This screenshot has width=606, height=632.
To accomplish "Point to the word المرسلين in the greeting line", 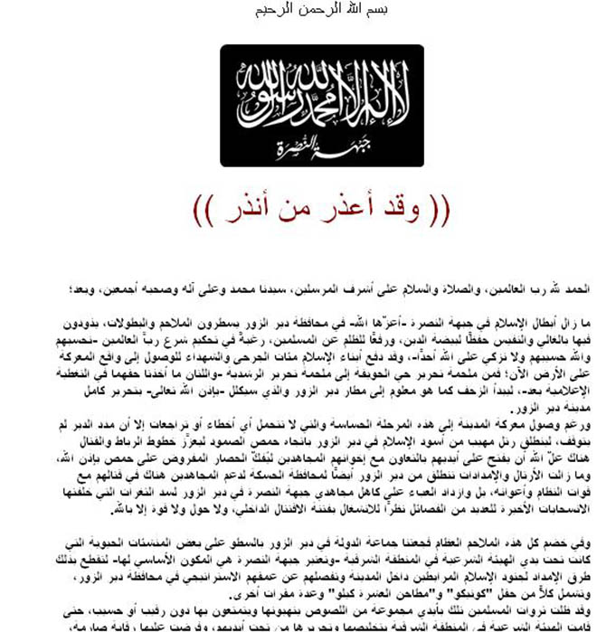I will click(x=299, y=289).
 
